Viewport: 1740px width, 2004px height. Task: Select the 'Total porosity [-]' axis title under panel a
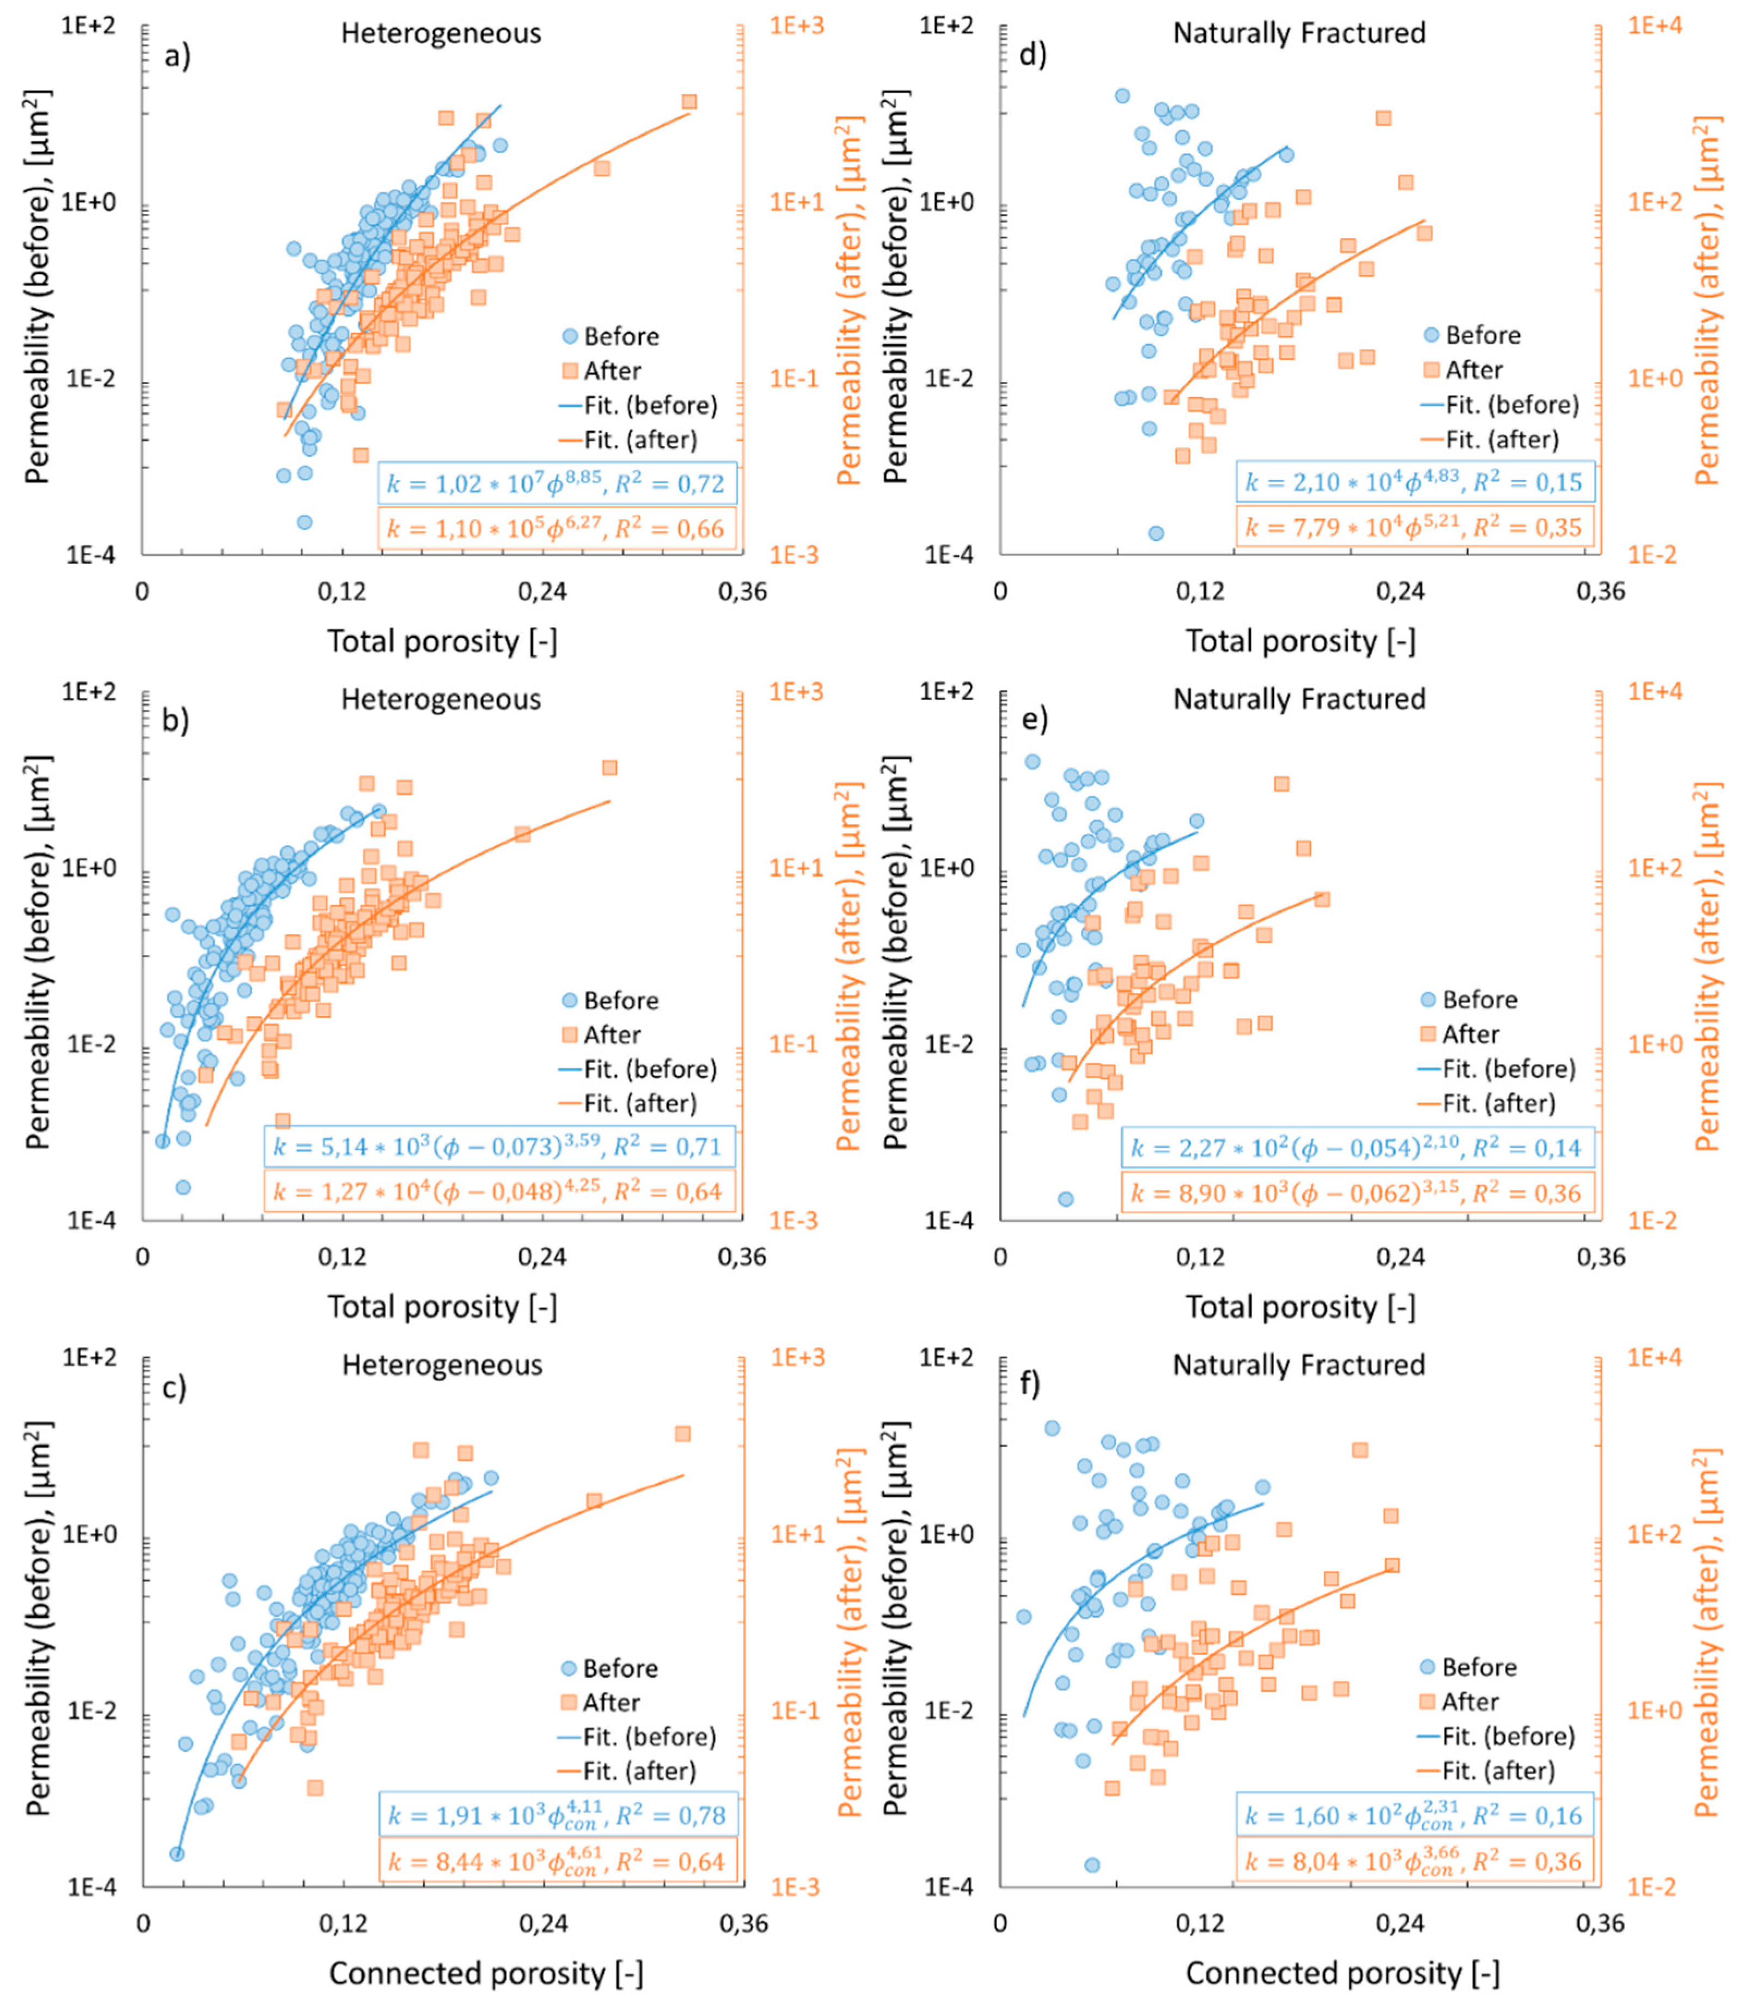442,641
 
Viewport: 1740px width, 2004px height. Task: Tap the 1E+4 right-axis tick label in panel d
1653,26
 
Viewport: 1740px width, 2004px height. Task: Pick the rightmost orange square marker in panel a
689,102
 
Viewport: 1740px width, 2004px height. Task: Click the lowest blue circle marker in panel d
1156,533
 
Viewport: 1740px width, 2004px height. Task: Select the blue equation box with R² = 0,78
557,1814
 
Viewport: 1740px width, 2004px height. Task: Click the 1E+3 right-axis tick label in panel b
796,692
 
